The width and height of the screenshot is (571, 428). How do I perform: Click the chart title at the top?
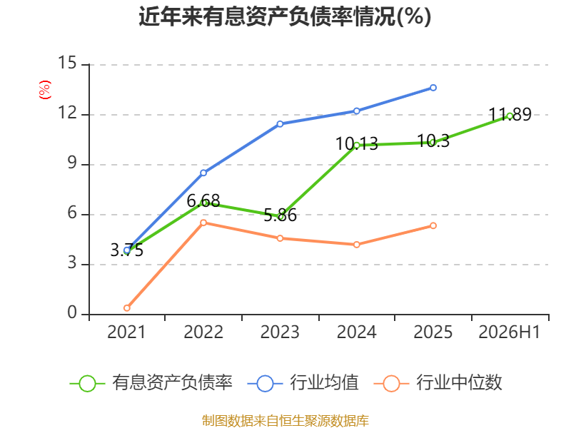[x=285, y=16]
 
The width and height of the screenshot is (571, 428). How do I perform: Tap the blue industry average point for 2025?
[x=433, y=88]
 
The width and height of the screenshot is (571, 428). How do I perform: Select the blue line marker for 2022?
[x=203, y=173]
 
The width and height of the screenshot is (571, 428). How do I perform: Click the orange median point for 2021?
[x=127, y=308]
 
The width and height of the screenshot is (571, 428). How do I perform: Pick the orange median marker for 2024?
[x=356, y=245]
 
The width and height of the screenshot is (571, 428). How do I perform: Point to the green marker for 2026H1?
[x=510, y=116]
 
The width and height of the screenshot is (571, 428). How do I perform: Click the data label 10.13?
[x=356, y=144]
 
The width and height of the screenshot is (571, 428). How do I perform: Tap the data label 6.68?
[x=203, y=200]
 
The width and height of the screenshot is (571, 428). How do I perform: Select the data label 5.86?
[x=280, y=215]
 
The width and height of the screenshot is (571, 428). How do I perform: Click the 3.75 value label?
[x=127, y=250]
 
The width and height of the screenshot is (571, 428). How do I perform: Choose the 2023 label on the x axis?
[x=280, y=332]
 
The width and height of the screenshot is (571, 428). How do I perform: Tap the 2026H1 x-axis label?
[x=510, y=332]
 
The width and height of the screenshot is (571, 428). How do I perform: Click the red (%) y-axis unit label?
[x=45, y=90]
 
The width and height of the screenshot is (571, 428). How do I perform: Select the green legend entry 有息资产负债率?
[x=151, y=383]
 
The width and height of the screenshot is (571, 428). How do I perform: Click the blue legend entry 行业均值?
[x=303, y=383]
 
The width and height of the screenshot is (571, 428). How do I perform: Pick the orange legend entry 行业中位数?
[x=438, y=383]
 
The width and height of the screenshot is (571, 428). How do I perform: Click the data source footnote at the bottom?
[x=285, y=421]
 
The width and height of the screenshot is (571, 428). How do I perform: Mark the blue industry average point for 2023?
[x=280, y=124]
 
